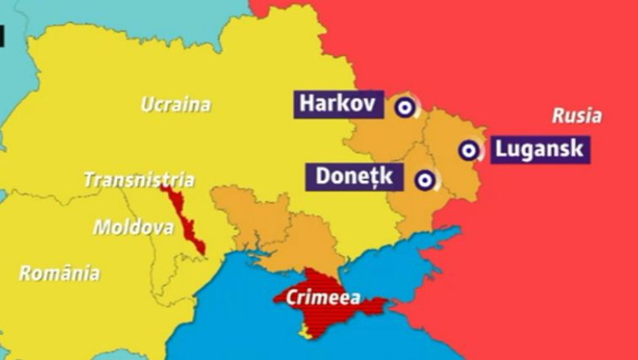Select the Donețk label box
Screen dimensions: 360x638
pyautogui.click(x=354, y=177)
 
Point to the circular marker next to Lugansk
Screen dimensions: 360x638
pyautogui.click(x=468, y=150)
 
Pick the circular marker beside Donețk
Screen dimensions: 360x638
pyautogui.click(x=424, y=180)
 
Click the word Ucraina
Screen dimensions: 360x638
pyautogui.click(x=175, y=105)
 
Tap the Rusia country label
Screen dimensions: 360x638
pyautogui.click(x=576, y=115)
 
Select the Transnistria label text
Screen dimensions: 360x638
pyautogui.click(x=139, y=179)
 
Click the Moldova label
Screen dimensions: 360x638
pyautogui.click(x=133, y=227)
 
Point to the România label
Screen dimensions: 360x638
pyautogui.click(x=59, y=273)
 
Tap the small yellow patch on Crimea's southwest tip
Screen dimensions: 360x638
pyautogui.click(x=306, y=330)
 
